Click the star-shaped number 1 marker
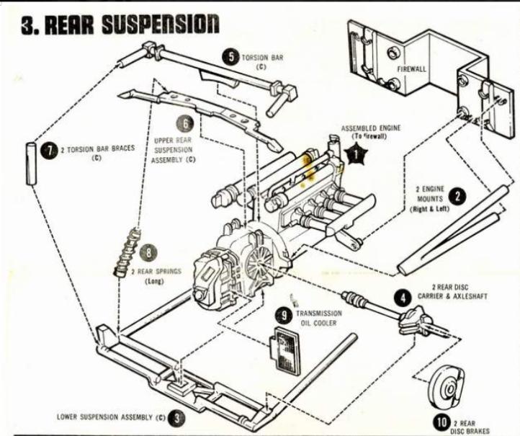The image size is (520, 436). (355, 152)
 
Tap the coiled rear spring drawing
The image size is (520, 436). (125, 253)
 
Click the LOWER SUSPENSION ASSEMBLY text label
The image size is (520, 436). (112, 417)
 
